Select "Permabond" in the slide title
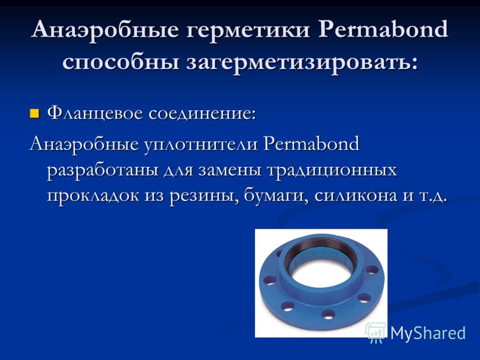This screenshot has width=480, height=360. [x=383, y=29]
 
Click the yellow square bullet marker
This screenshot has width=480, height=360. [x=35, y=113]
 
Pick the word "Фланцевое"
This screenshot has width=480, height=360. [x=95, y=114]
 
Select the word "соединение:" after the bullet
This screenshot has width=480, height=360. [x=202, y=113]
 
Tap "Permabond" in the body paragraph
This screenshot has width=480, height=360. [x=311, y=143]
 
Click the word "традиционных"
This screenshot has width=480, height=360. [x=332, y=171]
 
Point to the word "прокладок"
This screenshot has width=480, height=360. [x=93, y=196]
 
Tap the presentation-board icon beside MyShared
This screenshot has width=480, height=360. [x=376, y=332]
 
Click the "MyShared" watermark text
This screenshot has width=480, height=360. [x=428, y=333]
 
